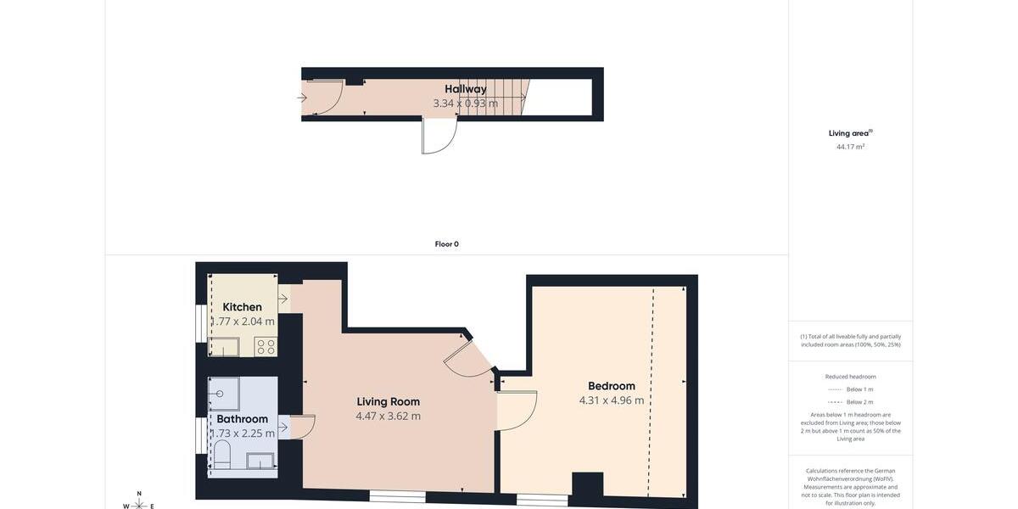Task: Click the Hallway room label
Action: tap(466, 89)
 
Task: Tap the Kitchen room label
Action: tap(242, 307)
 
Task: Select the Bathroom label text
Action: tap(242, 419)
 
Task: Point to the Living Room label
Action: tap(388, 402)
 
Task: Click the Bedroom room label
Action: tap(612, 386)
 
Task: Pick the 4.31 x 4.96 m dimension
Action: tap(612, 400)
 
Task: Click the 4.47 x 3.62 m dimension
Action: tap(388, 417)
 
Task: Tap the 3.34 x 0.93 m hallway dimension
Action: tap(466, 103)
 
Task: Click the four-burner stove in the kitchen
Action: tap(266, 346)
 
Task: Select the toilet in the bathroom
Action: tap(222, 456)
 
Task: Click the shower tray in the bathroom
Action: tap(224, 394)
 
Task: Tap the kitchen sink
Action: tap(224, 346)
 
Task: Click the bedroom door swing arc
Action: tap(517, 411)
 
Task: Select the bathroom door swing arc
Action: tap(303, 427)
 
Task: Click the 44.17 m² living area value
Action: tap(850, 147)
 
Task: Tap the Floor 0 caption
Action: tap(447, 244)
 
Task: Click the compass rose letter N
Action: tap(139, 494)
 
